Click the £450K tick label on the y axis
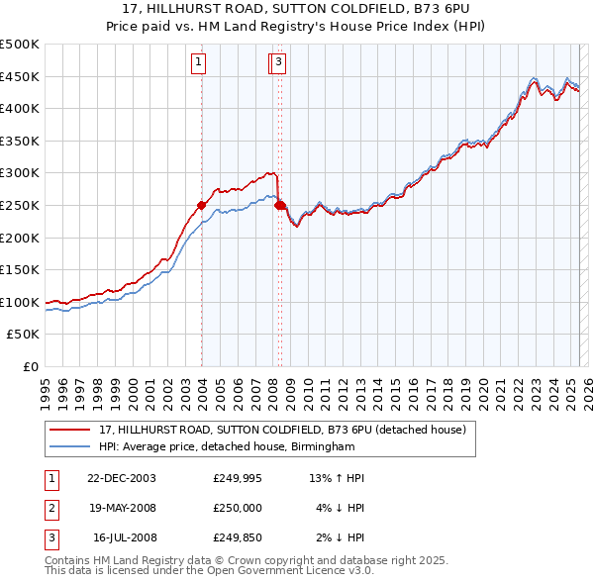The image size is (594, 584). click(x=20, y=76)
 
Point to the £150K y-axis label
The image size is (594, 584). click(x=20, y=269)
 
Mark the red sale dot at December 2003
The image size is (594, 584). click(x=201, y=206)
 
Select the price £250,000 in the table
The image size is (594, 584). click(x=238, y=508)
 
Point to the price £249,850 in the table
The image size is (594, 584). click(x=238, y=537)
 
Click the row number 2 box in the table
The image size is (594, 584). click(x=50, y=508)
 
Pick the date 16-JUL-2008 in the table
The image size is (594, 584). click(x=122, y=537)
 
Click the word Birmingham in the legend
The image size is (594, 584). click(x=320, y=447)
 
